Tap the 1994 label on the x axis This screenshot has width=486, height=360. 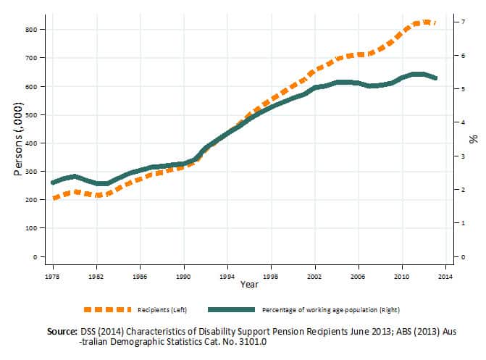tap(227, 277)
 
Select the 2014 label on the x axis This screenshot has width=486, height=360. tap(445, 277)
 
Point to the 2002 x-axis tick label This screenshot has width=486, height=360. tap(314, 277)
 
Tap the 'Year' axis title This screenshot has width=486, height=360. tap(249, 285)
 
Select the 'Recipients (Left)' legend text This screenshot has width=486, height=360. tap(162, 310)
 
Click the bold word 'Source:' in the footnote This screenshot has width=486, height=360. tap(62, 331)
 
